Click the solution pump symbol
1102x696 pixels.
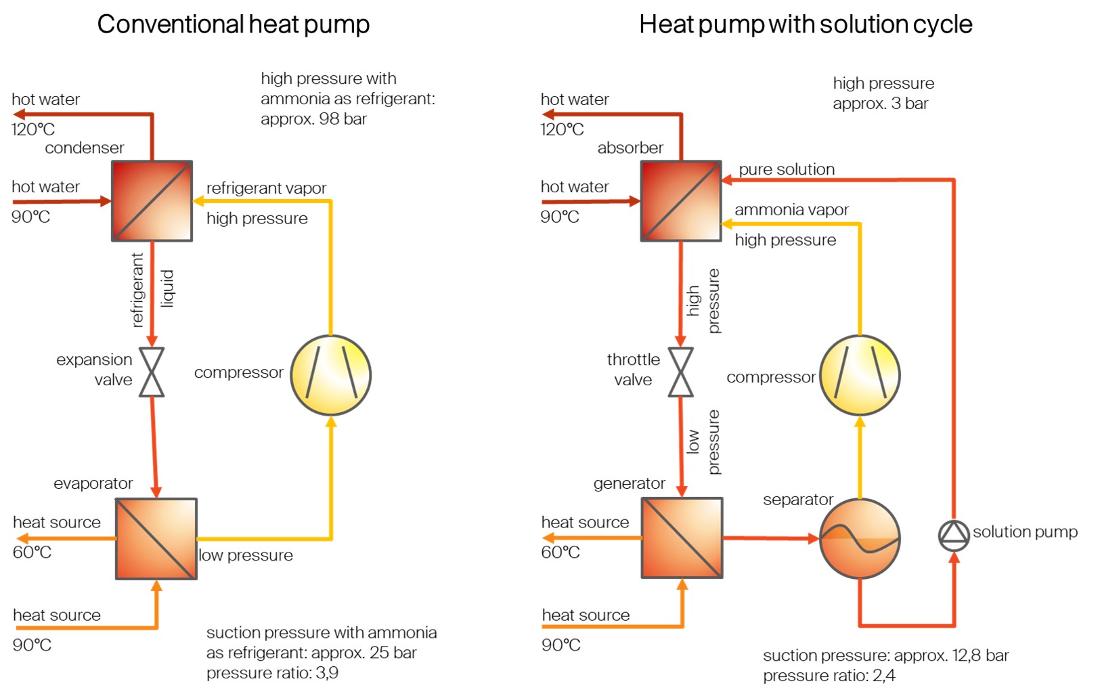[x=954, y=535]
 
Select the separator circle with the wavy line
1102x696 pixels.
[x=860, y=538]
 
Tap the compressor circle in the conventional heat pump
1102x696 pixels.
[x=331, y=375]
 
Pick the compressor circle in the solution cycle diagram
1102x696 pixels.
[x=860, y=375]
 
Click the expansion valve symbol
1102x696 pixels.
[x=152, y=372]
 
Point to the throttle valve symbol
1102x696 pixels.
[x=680, y=372]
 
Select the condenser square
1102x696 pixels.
[x=152, y=200]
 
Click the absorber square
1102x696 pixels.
[x=681, y=200]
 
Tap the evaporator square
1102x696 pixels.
[x=156, y=539]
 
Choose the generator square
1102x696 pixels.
[x=682, y=538]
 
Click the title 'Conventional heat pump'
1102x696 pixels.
[x=234, y=24]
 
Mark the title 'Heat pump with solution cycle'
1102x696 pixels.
[x=806, y=24]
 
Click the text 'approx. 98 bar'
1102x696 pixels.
[x=313, y=119]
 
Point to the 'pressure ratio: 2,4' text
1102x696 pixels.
[x=829, y=676]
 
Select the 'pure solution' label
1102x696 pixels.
[x=787, y=169]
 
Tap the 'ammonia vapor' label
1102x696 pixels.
[x=791, y=210]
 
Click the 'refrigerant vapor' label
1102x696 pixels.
[x=266, y=188]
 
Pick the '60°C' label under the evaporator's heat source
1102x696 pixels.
[x=32, y=552]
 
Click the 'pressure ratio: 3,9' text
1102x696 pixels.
[x=272, y=673]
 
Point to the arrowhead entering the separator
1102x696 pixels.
[x=814, y=538]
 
